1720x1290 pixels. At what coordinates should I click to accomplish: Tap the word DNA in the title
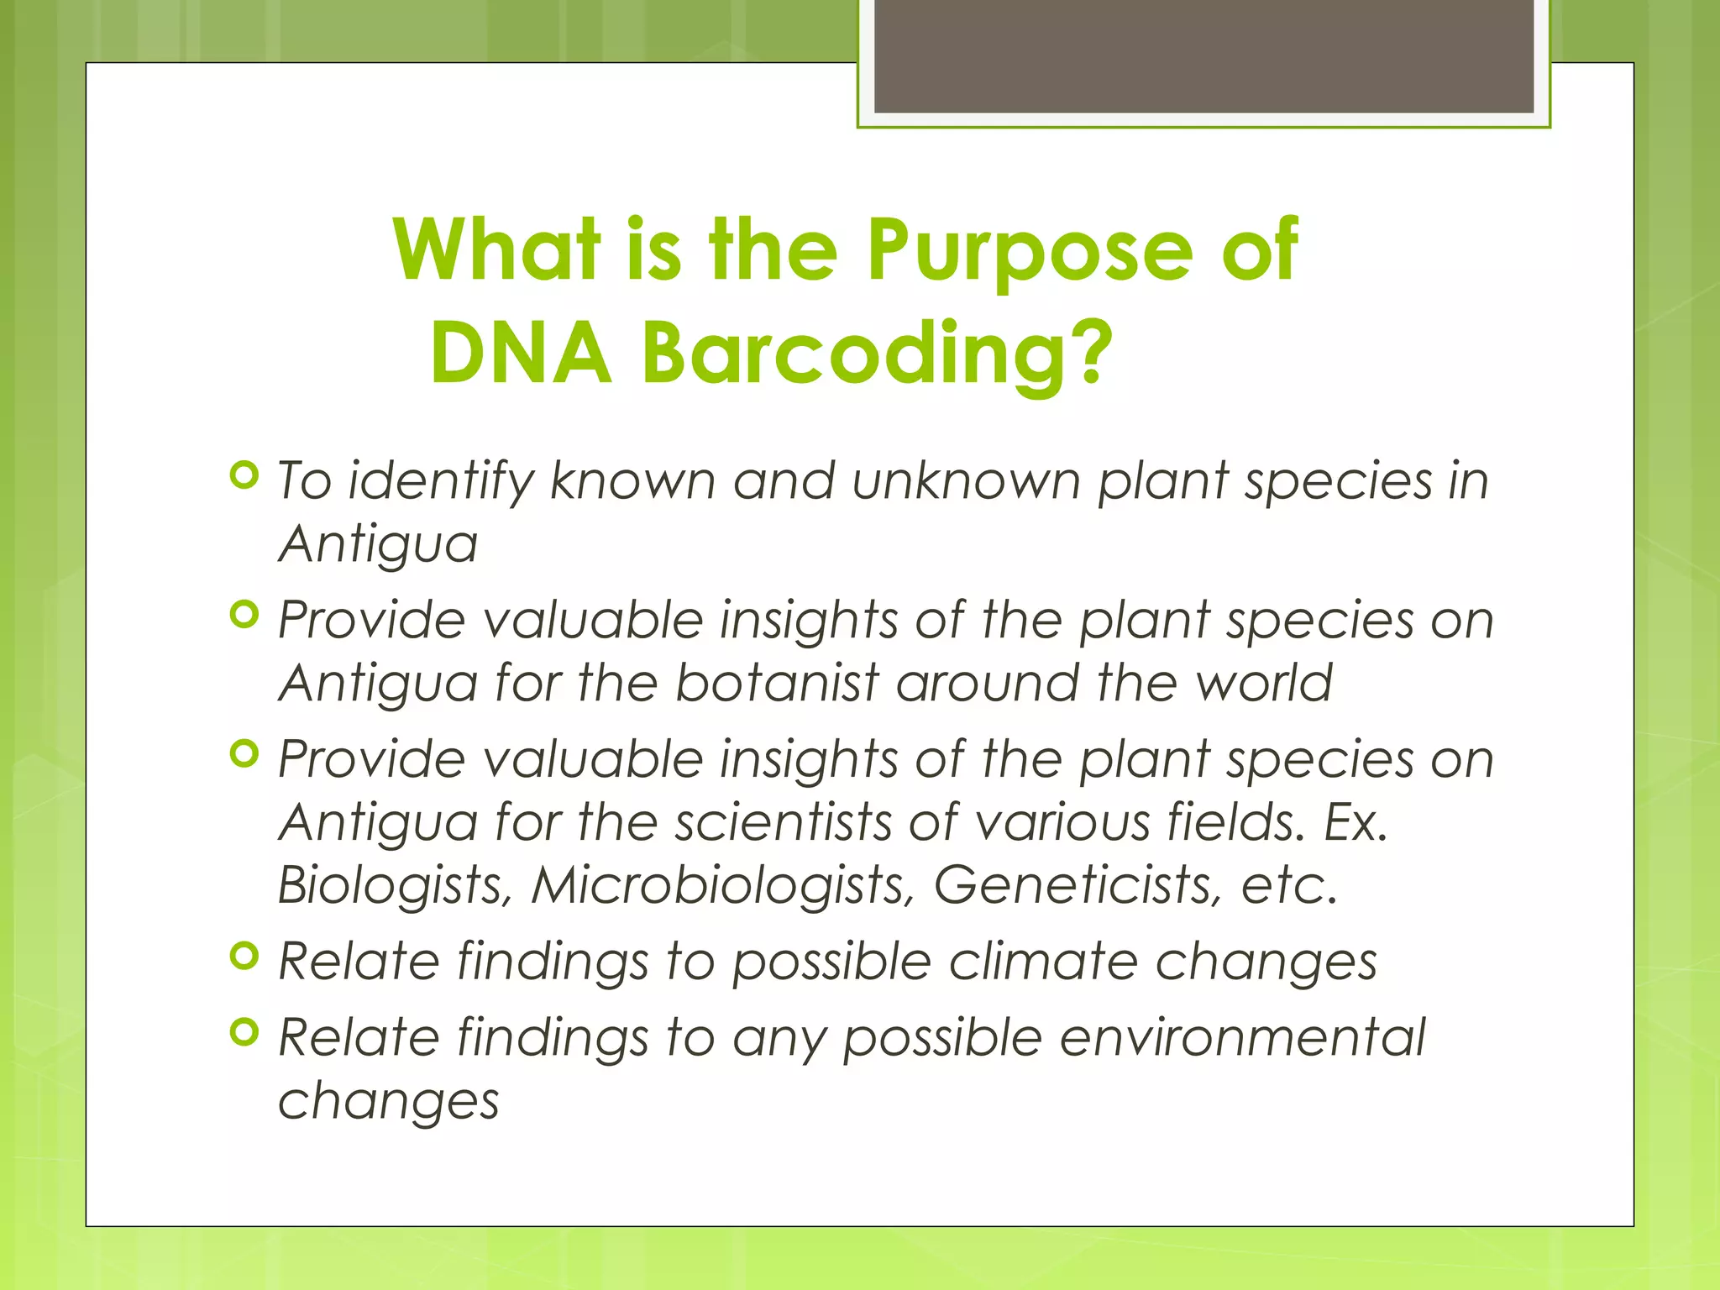click(x=521, y=354)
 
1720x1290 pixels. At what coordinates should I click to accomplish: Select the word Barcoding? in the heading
click(x=877, y=354)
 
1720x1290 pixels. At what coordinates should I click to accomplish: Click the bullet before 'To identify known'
click(x=244, y=476)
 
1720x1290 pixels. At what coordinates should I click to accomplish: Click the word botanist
click(x=777, y=682)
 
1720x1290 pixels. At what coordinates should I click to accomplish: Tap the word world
click(x=1264, y=682)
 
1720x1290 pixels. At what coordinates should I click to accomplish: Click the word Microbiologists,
click(x=722, y=884)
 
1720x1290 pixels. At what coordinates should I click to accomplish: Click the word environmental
click(x=1242, y=1037)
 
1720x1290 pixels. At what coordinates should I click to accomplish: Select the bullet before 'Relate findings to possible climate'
click(x=244, y=956)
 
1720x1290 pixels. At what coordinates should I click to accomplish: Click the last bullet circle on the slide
click(x=244, y=1032)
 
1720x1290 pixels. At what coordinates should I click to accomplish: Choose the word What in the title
click(x=496, y=250)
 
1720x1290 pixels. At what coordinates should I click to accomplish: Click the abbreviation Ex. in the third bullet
click(x=1356, y=821)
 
